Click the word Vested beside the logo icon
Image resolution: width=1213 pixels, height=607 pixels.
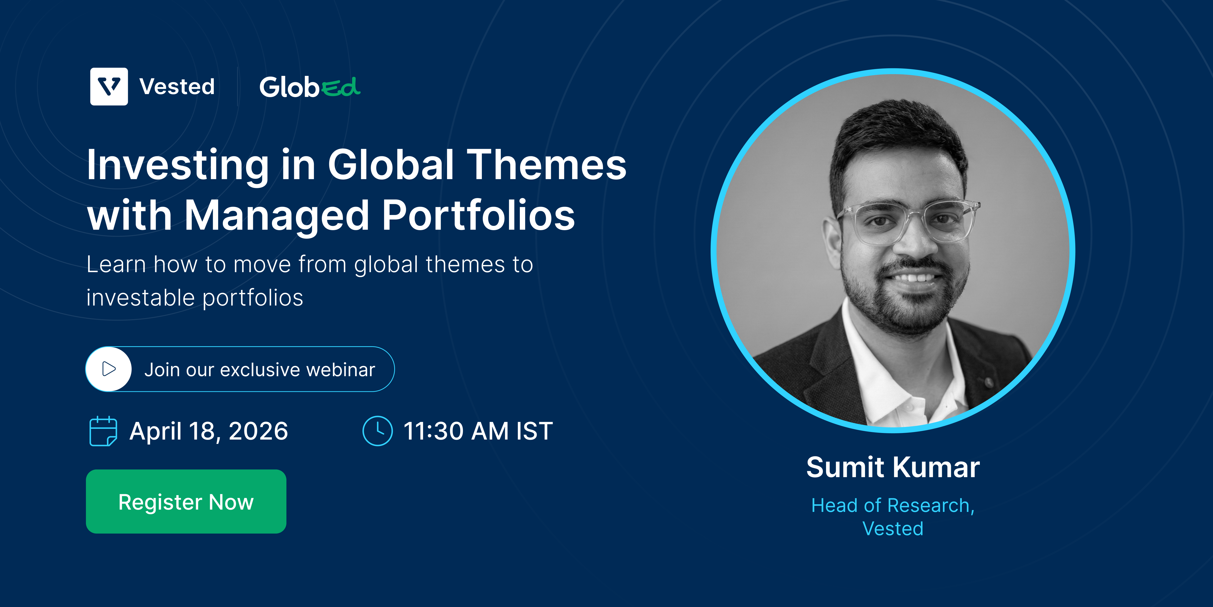(177, 87)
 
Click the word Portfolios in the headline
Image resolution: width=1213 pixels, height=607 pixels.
(478, 215)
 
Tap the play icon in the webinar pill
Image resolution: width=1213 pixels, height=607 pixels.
(109, 369)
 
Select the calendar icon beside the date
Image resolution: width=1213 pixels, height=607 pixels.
(103, 431)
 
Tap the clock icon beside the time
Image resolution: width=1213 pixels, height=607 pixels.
(377, 431)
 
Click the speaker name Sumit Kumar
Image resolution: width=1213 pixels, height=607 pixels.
(893, 467)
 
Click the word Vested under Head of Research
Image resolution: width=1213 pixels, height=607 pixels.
(893, 529)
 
